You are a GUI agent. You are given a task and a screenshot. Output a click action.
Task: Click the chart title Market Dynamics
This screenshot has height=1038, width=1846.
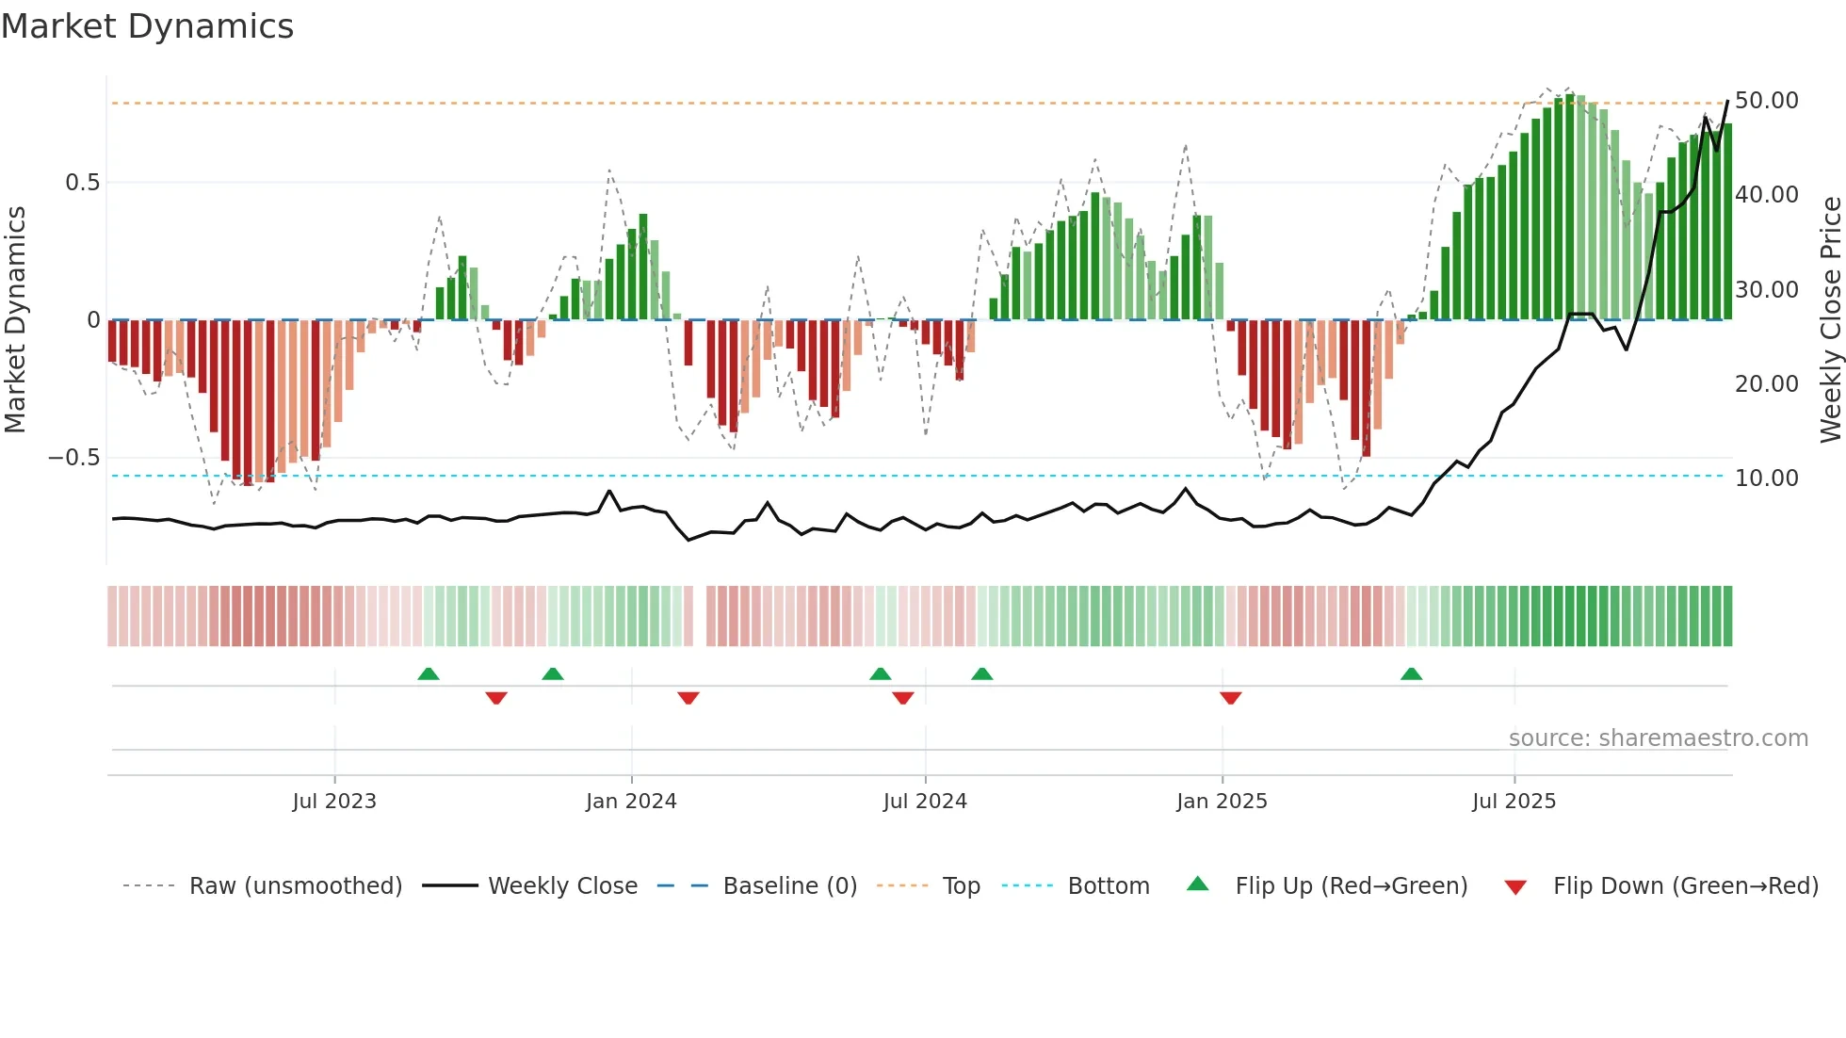click(x=147, y=26)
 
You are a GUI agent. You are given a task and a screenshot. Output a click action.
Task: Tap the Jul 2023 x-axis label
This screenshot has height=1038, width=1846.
click(x=334, y=802)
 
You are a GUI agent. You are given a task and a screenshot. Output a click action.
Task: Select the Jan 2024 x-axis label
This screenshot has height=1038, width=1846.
click(x=631, y=802)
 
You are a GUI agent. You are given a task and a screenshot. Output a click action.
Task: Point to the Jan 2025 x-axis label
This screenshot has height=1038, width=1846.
click(x=1222, y=802)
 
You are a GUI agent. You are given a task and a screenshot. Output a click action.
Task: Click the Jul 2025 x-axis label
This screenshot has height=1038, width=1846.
click(x=1514, y=802)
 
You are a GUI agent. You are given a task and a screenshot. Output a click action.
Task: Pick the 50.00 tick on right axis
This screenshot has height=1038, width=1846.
click(x=1766, y=101)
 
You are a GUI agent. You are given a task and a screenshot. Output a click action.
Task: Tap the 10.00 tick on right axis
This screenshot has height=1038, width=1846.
click(x=1766, y=478)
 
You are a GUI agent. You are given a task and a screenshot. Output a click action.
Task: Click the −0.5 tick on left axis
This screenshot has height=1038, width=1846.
click(x=74, y=458)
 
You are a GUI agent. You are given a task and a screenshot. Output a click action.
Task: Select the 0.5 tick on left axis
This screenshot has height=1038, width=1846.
click(x=82, y=183)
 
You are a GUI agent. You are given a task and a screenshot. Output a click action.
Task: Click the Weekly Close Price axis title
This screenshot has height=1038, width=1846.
click(x=1830, y=320)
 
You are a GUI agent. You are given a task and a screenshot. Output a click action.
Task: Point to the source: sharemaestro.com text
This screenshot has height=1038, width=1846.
click(x=1658, y=738)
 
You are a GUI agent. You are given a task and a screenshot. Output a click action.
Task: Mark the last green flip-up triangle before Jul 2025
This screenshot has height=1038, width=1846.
click(x=1411, y=673)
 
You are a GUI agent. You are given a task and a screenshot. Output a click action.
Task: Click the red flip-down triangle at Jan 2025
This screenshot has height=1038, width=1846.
click(x=1230, y=698)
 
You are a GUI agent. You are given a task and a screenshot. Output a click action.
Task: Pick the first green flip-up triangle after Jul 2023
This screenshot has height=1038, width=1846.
click(x=429, y=673)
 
